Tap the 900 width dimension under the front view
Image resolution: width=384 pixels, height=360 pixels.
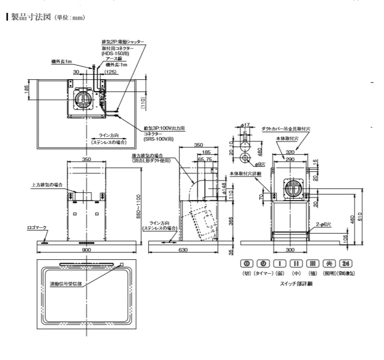pyautogui.click(x=86, y=249)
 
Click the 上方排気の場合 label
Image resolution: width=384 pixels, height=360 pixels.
pyautogui.click(x=46, y=185)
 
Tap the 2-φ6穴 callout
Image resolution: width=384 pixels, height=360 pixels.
pyautogui.click(x=325, y=224)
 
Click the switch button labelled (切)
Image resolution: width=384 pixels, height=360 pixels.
pyautogui.click(x=246, y=264)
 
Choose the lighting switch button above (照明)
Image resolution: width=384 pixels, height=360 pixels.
pyautogui.click(x=328, y=264)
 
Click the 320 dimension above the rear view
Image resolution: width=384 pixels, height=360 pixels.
pyautogui.click(x=291, y=152)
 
